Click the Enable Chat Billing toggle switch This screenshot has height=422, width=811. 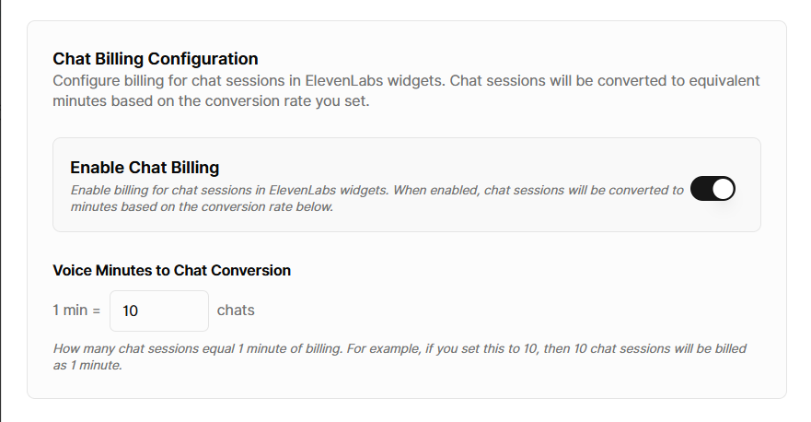pos(713,189)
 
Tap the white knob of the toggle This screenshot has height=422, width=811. pos(723,189)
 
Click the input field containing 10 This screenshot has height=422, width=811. pos(159,311)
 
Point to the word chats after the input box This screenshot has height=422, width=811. pos(236,311)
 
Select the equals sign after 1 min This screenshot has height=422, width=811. pos(97,311)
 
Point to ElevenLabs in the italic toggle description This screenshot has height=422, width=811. pos(303,190)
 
